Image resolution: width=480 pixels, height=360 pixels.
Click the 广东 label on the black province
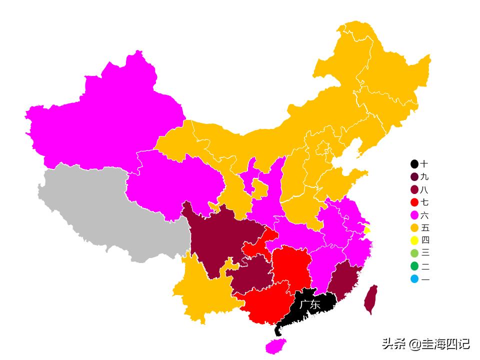click(310, 304)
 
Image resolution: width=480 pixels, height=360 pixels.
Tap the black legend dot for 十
click(414, 164)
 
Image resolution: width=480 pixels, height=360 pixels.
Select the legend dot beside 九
click(414, 177)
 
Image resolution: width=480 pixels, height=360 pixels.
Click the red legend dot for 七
click(414, 202)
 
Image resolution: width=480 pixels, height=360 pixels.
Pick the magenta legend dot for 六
click(414, 215)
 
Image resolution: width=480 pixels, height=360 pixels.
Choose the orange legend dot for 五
click(414, 228)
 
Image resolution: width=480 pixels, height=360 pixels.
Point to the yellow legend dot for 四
click(414, 241)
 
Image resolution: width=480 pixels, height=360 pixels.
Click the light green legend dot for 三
click(414, 253)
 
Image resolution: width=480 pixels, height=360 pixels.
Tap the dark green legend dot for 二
click(414, 266)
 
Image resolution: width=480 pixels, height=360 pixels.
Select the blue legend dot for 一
click(414, 279)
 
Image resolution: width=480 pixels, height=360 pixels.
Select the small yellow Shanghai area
click(367, 230)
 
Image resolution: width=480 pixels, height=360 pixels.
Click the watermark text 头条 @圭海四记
click(425, 344)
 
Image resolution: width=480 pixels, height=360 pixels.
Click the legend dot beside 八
click(414, 189)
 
